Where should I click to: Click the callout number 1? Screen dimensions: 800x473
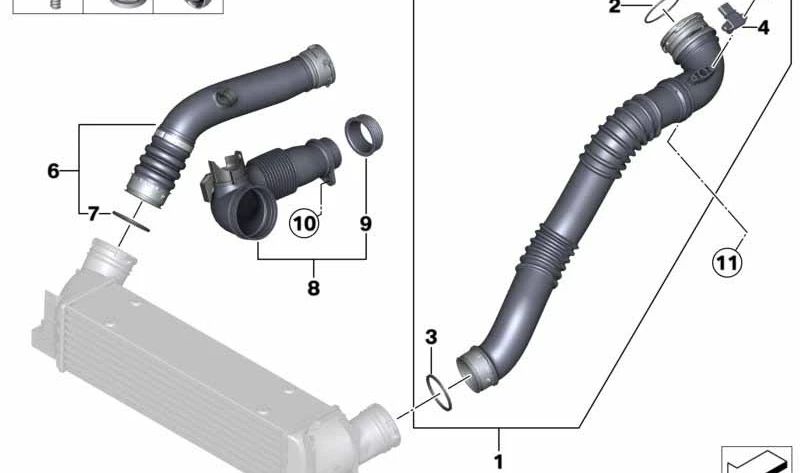[498, 462]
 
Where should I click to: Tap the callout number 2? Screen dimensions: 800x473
[615, 7]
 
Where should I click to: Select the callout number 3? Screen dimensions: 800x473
[431, 337]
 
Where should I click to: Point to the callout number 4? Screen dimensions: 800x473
[763, 28]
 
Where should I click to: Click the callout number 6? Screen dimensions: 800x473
[53, 170]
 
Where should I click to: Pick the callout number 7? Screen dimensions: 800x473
[92, 213]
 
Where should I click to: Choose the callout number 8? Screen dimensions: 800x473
[313, 288]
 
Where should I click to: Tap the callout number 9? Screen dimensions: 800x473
[365, 223]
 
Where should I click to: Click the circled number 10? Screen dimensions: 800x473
[304, 223]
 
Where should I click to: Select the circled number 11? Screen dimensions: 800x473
[727, 262]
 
